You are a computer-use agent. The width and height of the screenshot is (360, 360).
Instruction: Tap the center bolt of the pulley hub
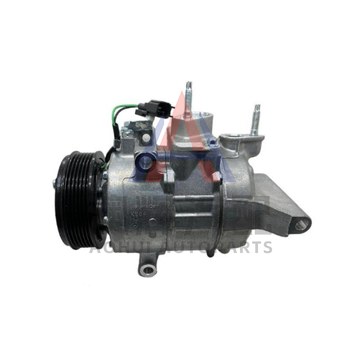click(55, 183)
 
